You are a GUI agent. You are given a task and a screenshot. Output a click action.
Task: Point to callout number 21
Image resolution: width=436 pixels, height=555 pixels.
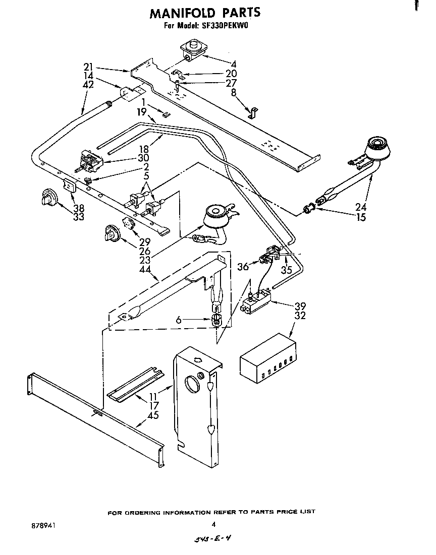click(89, 67)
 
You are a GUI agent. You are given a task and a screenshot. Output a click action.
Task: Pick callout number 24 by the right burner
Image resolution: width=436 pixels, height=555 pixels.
click(361, 206)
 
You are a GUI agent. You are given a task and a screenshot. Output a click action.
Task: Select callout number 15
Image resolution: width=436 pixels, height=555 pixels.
click(361, 218)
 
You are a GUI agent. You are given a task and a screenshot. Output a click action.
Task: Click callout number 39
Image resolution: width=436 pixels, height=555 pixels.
click(300, 306)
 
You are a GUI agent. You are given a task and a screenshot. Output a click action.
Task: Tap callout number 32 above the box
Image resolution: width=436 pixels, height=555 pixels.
click(300, 317)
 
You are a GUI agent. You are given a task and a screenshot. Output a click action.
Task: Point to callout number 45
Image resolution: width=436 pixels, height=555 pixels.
click(153, 415)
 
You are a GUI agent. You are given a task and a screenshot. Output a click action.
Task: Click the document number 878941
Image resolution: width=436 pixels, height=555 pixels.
click(43, 525)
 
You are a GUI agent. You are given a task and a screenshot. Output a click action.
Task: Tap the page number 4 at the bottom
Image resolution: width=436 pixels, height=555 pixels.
click(213, 524)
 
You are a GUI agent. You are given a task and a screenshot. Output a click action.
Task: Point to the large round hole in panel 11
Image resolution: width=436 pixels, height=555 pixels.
click(193, 385)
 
